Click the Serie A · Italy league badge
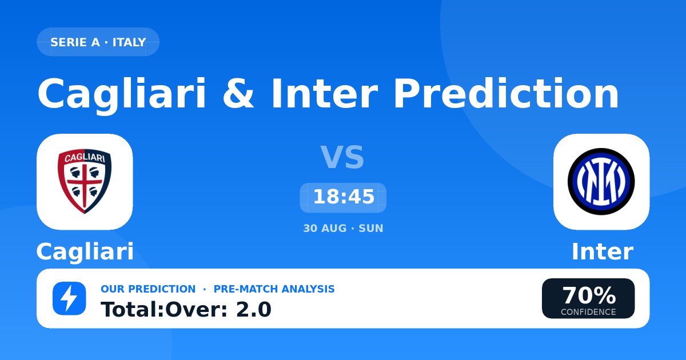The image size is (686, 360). (x=98, y=42)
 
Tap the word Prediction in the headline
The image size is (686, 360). (x=506, y=93)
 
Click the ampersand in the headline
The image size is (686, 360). (x=238, y=93)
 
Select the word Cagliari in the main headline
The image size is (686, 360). (x=122, y=95)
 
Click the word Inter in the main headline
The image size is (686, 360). (x=325, y=93)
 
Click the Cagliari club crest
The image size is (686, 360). (x=85, y=181)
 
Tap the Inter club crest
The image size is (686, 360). (x=601, y=182)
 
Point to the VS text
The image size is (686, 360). (x=342, y=157)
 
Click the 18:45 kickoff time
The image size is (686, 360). (x=344, y=197)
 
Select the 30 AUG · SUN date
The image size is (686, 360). (x=343, y=229)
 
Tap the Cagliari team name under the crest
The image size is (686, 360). (x=85, y=252)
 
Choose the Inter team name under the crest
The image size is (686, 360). (x=603, y=251)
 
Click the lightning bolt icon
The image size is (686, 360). (x=69, y=298)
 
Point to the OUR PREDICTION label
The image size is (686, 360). (x=148, y=289)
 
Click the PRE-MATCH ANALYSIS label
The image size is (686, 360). (x=274, y=289)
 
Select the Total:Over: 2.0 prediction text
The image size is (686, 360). (x=186, y=310)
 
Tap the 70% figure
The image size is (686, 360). (x=589, y=295)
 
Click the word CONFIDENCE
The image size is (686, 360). (x=588, y=312)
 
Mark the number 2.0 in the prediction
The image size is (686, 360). (x=254, y=310)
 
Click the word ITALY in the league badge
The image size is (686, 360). (x=129, y=42)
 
